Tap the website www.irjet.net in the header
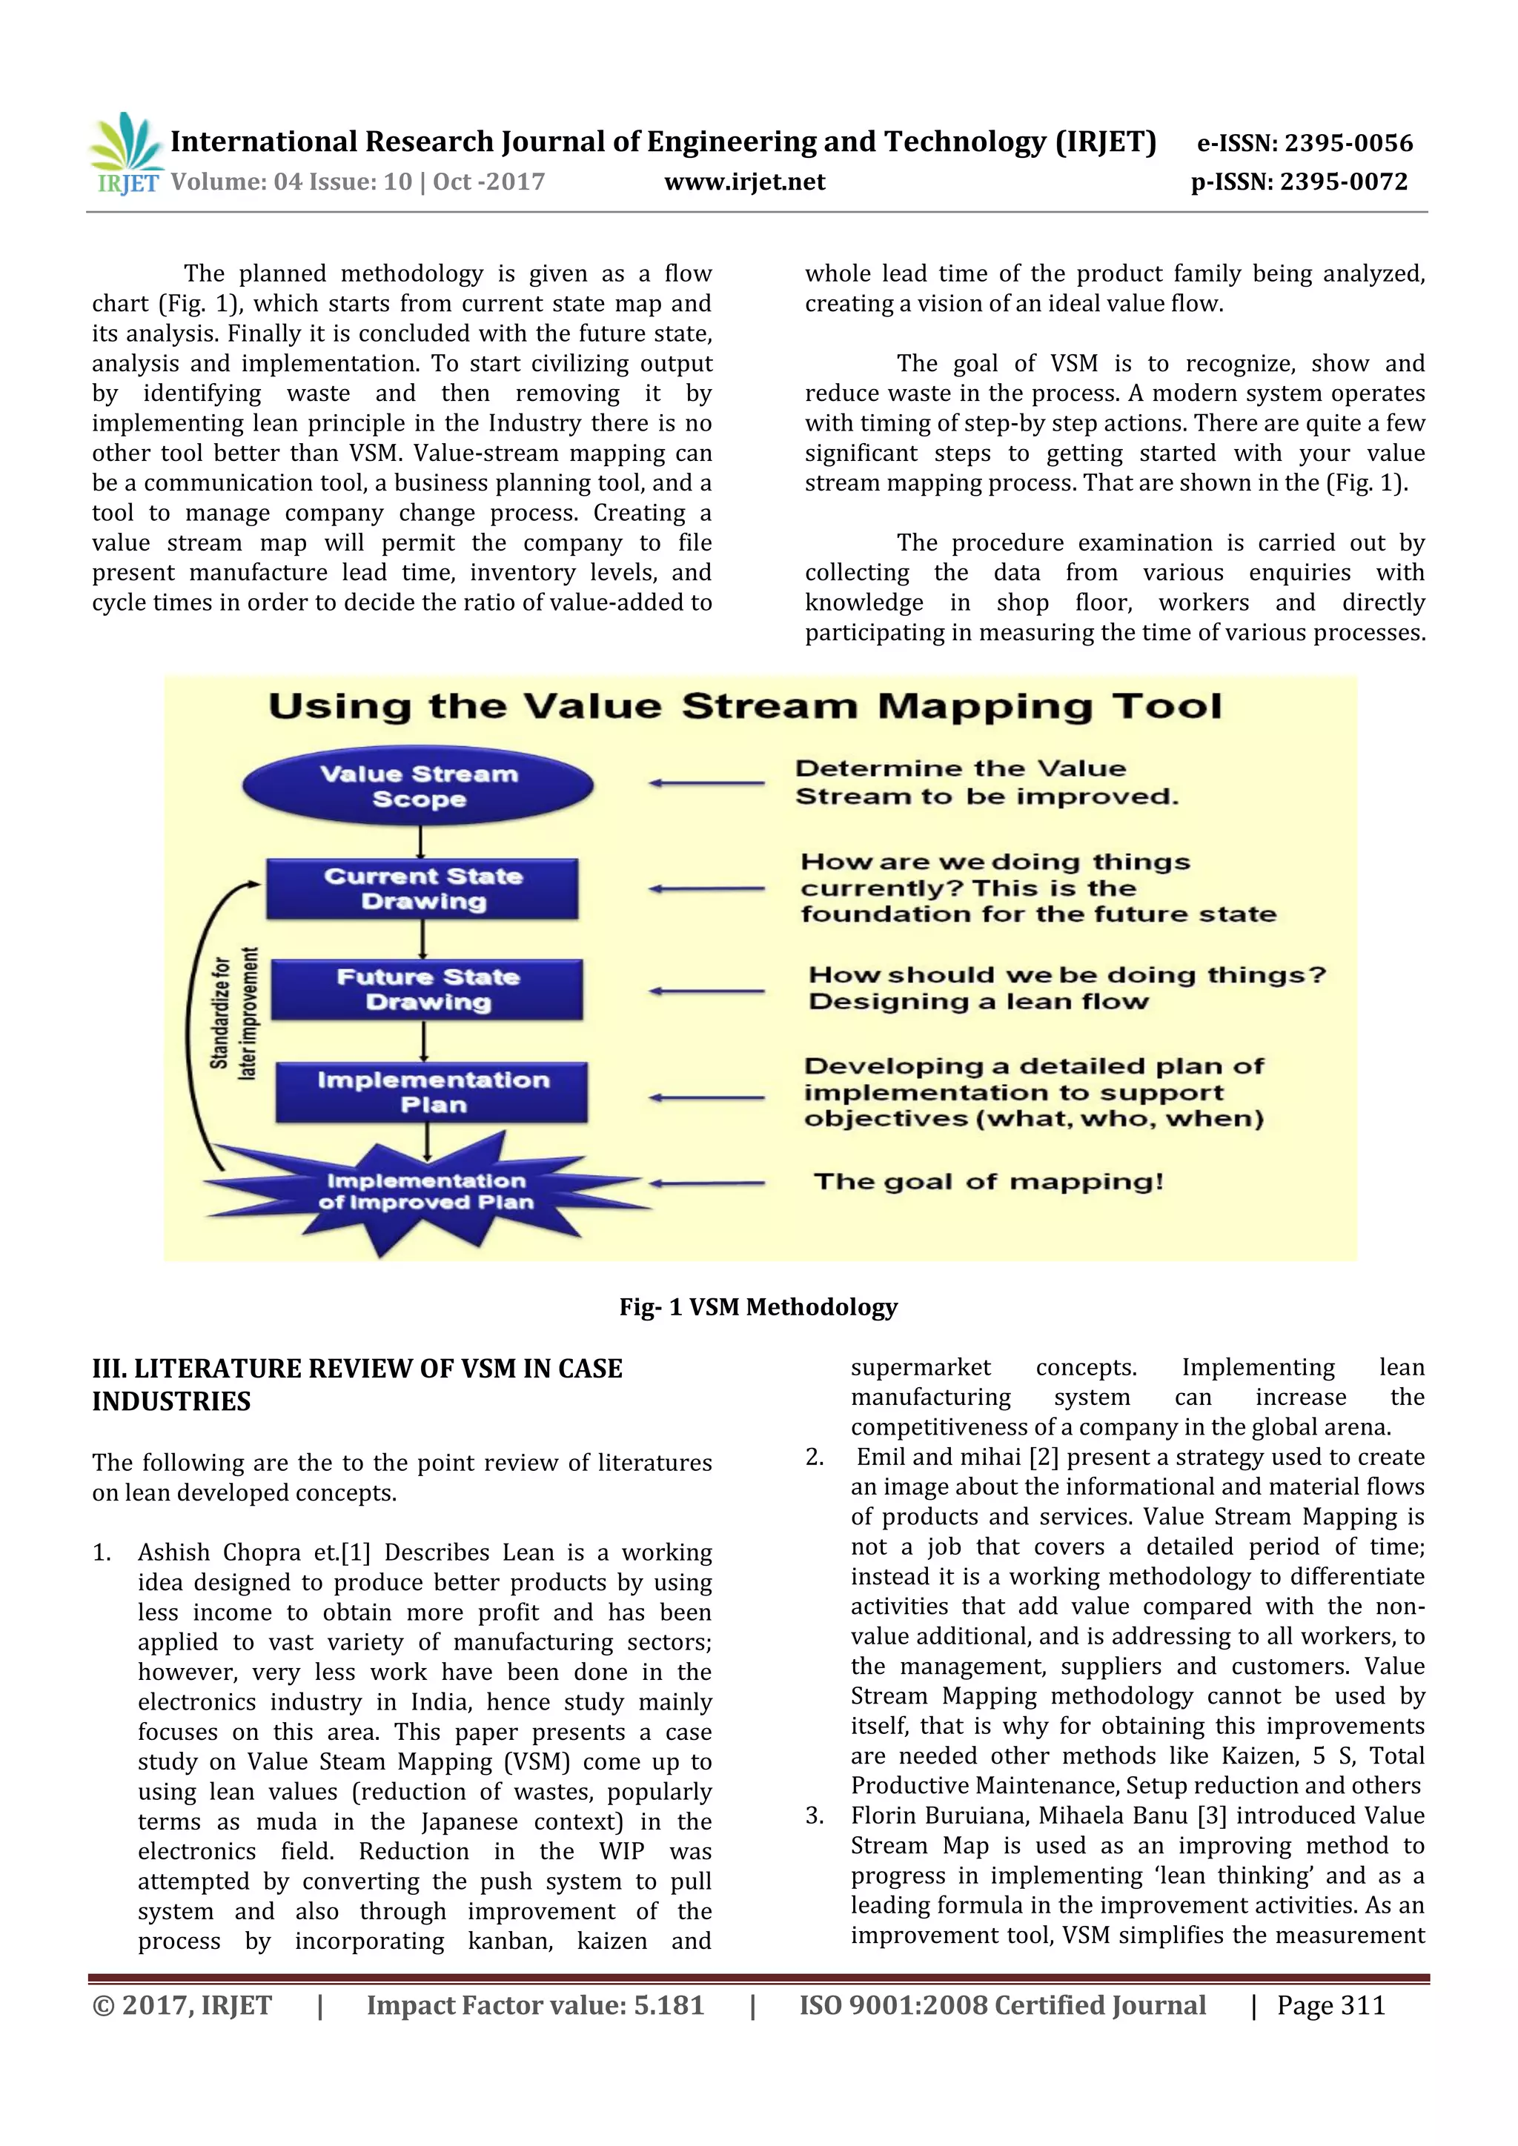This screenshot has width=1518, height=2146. point(744,182)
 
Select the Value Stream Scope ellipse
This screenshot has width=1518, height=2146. point(418,786)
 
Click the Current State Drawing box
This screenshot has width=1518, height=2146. point(422,889)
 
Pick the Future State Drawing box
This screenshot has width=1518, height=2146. point(427,989)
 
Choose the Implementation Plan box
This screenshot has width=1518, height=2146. point(432,1092)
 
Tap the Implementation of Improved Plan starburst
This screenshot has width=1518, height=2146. point(425,1192)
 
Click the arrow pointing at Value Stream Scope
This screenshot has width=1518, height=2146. point(706,783)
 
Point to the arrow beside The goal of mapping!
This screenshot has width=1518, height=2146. point(706,1183)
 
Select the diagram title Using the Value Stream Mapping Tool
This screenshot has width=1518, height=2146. point(745,707)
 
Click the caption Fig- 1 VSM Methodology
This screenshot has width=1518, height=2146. point(758,1306)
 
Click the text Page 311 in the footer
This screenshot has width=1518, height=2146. point(1331,2005)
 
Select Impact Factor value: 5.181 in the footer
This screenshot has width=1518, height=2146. point(534,2005)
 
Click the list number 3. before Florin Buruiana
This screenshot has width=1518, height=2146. point(815,1816)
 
